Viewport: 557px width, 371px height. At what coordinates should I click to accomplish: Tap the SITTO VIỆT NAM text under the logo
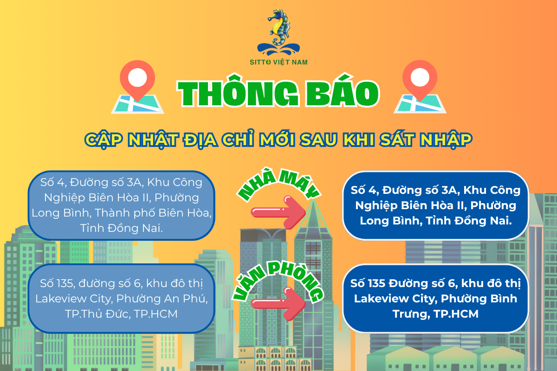click(278, 62)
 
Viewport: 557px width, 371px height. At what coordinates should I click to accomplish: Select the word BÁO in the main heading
click(340, 93)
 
